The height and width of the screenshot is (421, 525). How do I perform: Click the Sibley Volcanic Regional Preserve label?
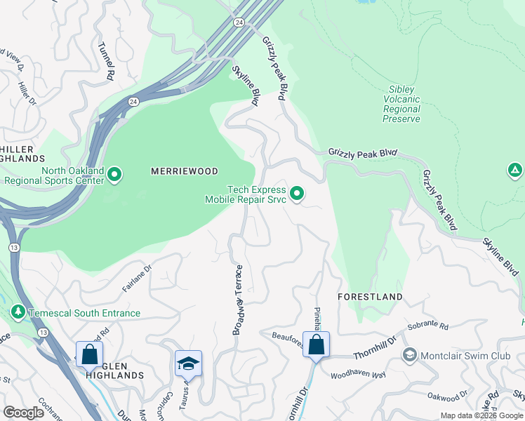click(401, 104)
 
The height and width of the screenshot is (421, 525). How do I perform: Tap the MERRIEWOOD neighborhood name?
click(185, 171)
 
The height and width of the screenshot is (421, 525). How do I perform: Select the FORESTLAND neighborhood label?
click(370, 297)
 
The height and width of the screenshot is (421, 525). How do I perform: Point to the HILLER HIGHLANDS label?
click(21, 154)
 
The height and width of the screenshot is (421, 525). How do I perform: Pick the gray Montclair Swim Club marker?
click(409, 355)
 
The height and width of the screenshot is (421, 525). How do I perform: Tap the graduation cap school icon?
click(188, 363)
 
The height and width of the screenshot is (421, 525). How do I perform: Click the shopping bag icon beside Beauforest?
click(317, 345)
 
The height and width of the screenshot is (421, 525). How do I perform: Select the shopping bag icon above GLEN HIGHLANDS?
click(89, 354)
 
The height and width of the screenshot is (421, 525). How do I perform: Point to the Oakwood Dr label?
click(447, 395)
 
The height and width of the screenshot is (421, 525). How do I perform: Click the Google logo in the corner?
click(24, 412)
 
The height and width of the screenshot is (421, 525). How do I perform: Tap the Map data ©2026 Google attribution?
click(481, 415)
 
